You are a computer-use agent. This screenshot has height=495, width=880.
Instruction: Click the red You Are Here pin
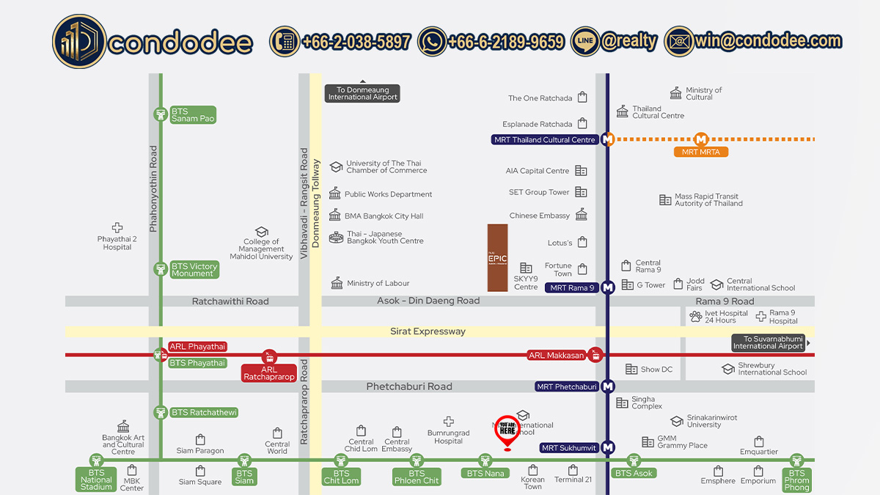pos(507,430)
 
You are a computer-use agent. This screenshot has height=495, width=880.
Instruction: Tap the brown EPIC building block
pos(498,257)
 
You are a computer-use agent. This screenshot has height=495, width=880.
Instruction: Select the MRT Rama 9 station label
pos(571,287)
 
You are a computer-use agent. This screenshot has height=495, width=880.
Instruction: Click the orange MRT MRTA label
pos(701,152)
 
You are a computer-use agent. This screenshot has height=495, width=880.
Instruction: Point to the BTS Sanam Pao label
pos(193,115)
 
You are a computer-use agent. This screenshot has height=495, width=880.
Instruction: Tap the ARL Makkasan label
pos(556,356)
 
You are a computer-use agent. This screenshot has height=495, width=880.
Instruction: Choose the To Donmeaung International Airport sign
pos(363,94)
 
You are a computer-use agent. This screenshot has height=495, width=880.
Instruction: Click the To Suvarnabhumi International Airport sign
pos(768,342)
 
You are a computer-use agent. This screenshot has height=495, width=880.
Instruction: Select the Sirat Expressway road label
pos(428,331)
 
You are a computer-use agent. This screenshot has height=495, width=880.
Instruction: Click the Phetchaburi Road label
pos(409,386)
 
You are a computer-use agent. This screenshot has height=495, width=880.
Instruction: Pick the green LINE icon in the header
pos(584,42)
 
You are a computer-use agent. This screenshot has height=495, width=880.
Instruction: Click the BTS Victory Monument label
pos(194,270)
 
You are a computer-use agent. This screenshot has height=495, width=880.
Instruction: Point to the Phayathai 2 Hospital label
pos(117,243)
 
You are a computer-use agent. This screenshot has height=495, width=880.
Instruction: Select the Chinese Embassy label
pos(540,216)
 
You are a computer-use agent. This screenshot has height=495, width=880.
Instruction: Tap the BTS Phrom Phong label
pos(796,480)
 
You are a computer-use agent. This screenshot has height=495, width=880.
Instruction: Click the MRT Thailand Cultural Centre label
pos(545,139)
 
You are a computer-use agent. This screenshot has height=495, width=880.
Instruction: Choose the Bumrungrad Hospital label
pos(448,437)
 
